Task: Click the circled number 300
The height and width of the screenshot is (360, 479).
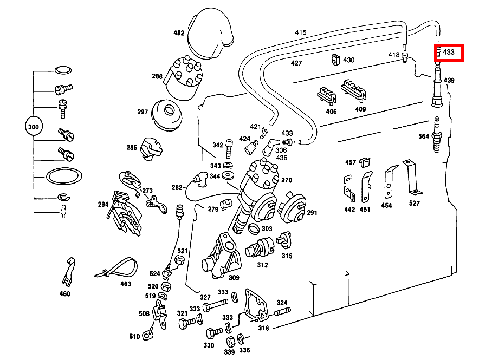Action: tap(34, 127)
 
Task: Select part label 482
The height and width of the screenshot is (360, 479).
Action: tap(179, 33)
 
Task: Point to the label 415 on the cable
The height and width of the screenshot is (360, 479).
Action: tap(301, 33)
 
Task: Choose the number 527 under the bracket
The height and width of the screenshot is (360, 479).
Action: tap(415, 203)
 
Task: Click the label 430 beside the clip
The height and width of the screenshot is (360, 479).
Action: tap(349, 60)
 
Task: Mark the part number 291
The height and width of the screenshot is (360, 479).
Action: tap(312, 213)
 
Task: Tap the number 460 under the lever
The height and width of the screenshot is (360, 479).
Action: tap(64, 294)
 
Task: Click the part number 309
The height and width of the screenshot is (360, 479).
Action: tap(234, 278)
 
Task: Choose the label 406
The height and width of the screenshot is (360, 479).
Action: tap(331, 112)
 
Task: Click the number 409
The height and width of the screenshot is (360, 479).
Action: tap(360, 109)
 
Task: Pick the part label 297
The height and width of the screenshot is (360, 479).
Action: tap(143, 112)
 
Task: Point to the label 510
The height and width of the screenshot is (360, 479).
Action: tap(134, 336)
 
